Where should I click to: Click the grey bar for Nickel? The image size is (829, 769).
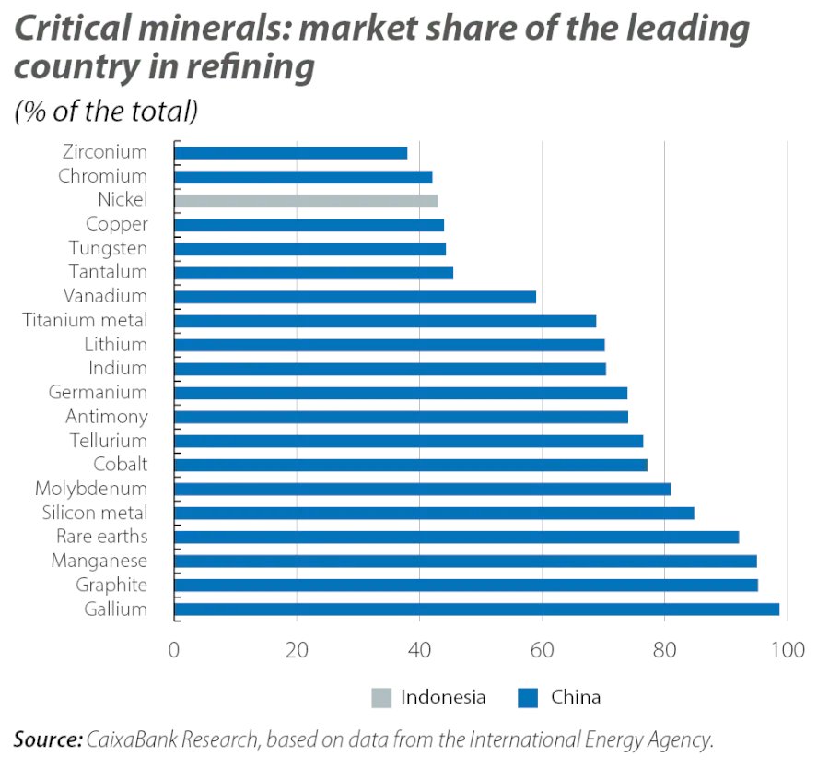[305, 200]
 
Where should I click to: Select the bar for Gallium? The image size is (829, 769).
[476, 609]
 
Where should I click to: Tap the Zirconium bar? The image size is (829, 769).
[290, 152]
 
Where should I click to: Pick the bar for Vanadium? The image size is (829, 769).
[355, 296]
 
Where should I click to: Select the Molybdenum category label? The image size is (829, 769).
[91, 489]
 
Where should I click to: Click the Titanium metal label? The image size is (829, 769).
[85, 320]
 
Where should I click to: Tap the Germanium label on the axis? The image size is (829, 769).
[98, 392]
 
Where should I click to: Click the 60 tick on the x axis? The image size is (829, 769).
[543, 649]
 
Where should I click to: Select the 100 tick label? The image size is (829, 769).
[788, 649]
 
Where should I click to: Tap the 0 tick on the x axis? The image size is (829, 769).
[174, 649]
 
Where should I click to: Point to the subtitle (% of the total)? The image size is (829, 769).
[106, 112]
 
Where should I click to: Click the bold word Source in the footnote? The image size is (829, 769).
[47, 739]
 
